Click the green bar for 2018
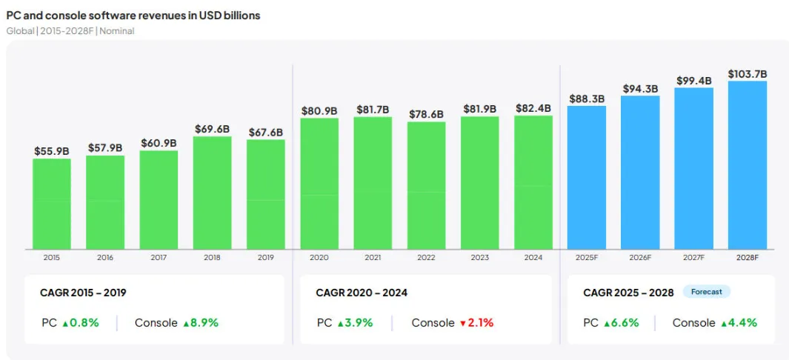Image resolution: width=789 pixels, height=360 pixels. click(x=212, y=193)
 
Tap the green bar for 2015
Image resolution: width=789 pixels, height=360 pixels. click(x=52, y=204)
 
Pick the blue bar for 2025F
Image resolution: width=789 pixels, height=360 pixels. click(x=586, y=178)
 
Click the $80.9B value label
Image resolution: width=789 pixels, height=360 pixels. click(x=319, y=111)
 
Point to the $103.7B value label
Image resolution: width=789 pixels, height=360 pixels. click(x=747, y=74)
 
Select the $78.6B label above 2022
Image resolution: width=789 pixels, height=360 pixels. click(x=426, y=115)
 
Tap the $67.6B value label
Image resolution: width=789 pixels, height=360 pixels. click(x=265, y=133)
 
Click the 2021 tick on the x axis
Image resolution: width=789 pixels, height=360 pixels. click(x=373, y=258)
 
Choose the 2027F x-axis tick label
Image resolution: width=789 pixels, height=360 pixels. click(x=693, y=258)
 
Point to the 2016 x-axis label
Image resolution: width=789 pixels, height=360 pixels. click(x=105, y=258)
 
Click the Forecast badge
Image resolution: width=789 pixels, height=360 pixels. click(x=706, y=292)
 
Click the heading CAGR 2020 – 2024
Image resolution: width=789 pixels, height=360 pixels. click(x=362, y=293)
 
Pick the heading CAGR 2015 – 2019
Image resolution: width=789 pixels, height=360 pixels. click(x=83, y=293)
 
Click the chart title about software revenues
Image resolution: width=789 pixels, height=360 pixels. click(x=133, y=16)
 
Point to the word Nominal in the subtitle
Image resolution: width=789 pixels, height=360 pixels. click(x=117, y=31)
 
